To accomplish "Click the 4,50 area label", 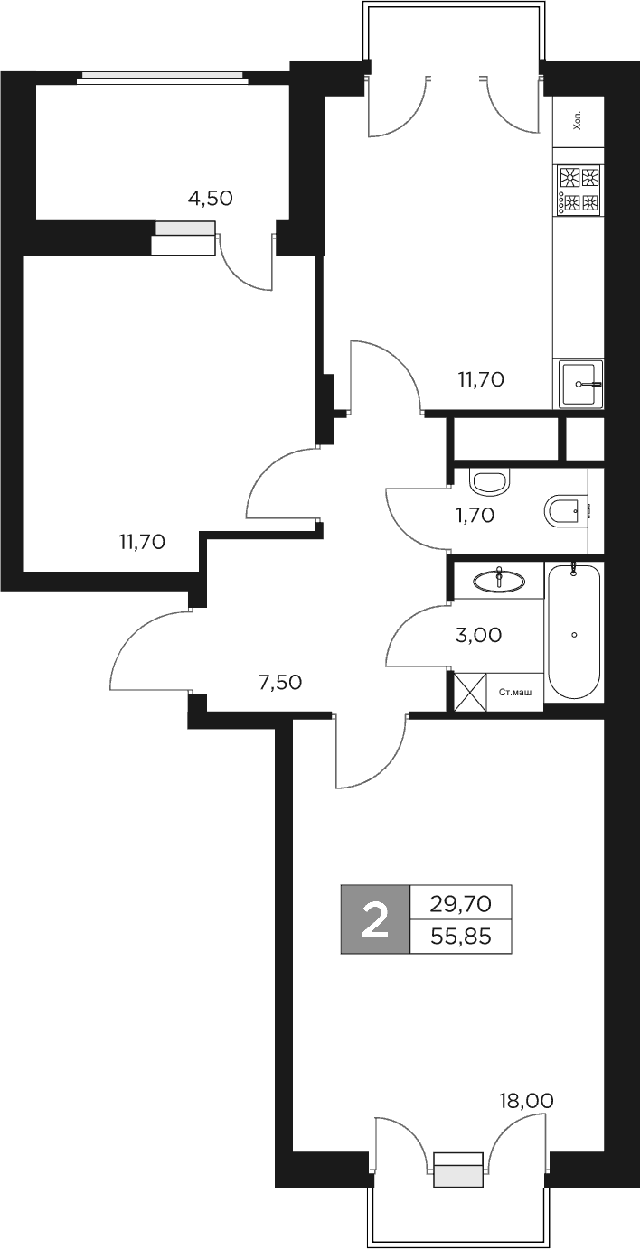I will (210, 199).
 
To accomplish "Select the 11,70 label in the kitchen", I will (480, 380).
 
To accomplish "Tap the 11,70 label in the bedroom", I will (141, 542).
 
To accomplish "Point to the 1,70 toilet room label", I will (474, 516).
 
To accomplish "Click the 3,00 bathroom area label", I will (479, 635).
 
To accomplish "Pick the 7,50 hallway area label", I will (280, 683).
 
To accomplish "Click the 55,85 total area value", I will (461, 937).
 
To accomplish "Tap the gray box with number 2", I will (374, 919).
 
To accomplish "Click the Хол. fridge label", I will (578, 122).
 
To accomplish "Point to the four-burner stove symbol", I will (579, 190).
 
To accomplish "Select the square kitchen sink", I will (579, 384).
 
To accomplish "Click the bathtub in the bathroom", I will (574, 632).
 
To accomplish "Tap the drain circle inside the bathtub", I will (574, 635).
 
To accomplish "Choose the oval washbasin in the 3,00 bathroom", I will (499, 580).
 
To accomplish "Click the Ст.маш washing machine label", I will (515, 693).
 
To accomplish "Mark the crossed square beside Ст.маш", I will (470, 693).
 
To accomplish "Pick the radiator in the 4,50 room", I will (185, 228).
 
